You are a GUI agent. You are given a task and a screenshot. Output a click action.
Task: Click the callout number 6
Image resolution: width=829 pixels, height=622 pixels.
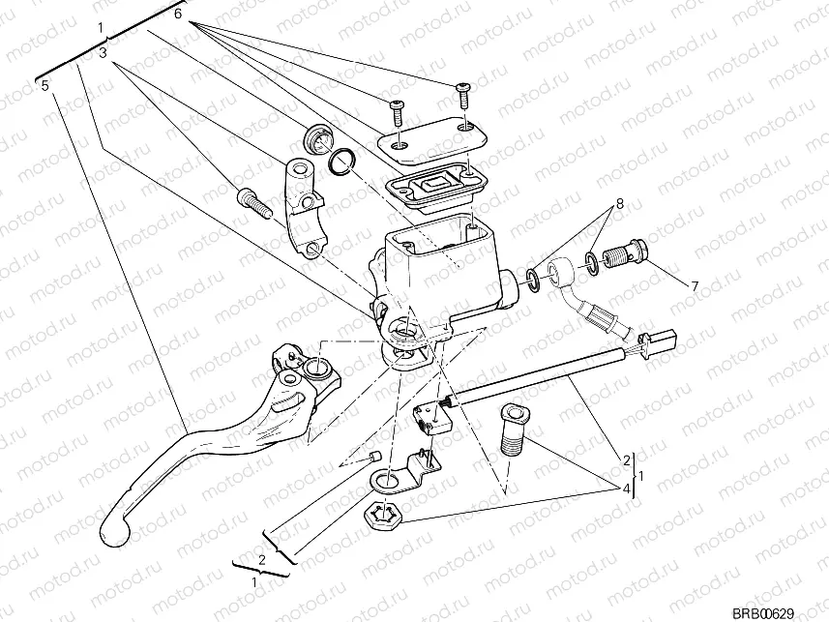pyautogui.click(x=178, y=15)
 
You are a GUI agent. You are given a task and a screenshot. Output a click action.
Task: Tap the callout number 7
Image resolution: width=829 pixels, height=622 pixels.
pyautogui.click(x=694, y=286)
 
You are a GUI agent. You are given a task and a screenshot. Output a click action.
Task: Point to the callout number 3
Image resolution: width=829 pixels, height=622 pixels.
pyautogui.click(x=103, y=54)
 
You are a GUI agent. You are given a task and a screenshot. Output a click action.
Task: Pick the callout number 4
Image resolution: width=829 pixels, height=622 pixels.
pyautogui.click(x=627, y=489)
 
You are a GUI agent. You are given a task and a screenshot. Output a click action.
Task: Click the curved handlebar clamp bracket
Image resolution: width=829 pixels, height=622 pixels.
pyautogui.click(x=304, y=205)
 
